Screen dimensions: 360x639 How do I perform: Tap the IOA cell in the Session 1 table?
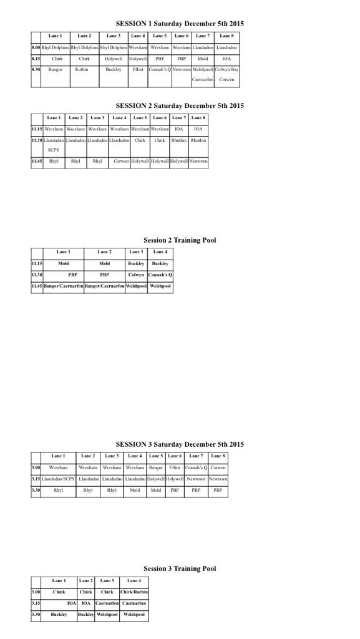[226, 58]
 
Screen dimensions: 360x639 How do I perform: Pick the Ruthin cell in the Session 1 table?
[82, 69]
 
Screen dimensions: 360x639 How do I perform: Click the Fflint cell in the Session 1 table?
[138, 69]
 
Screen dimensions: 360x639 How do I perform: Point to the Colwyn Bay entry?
[226, 69]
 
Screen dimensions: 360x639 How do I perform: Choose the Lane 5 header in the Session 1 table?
[160, 36]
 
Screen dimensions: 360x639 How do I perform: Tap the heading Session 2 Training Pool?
[180, 240]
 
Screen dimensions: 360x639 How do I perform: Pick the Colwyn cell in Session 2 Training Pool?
[136, 275]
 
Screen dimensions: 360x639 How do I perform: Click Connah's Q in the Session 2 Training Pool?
[160, 275]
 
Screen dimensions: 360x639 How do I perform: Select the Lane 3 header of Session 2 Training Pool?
[136, 251]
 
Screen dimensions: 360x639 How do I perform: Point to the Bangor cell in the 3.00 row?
[156, 467]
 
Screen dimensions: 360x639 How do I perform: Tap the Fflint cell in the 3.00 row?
[175, 467]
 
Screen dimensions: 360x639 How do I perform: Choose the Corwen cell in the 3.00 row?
[218, 467]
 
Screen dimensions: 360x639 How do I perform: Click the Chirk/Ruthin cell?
[134, 592]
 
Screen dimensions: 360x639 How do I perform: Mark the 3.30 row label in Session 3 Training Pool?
[36, 615]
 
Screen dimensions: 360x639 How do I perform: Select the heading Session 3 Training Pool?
[180, 568]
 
